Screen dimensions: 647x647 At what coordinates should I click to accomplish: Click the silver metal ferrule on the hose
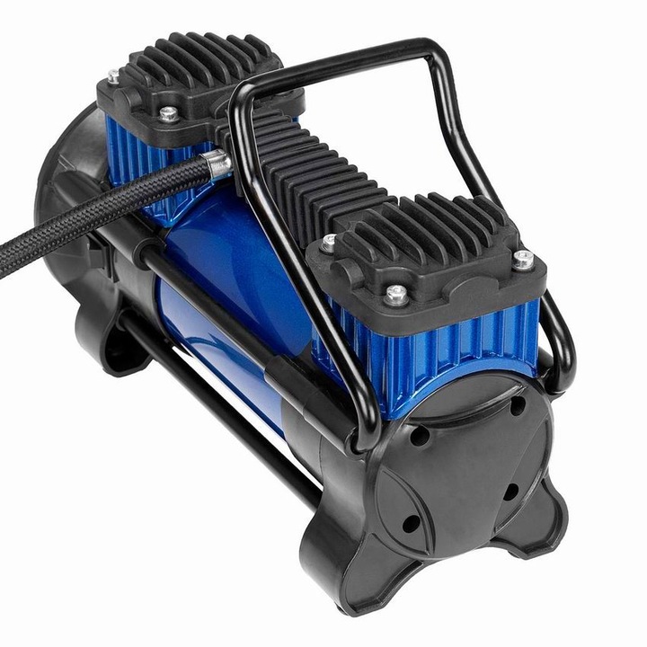216,164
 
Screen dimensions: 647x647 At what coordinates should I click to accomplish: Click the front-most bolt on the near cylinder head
394,293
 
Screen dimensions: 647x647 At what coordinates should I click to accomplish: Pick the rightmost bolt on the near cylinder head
522,260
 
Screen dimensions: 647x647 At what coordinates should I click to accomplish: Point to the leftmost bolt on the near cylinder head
330,241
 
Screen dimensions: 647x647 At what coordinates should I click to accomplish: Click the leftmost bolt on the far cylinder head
112,76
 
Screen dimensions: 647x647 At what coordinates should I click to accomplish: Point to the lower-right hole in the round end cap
510,492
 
